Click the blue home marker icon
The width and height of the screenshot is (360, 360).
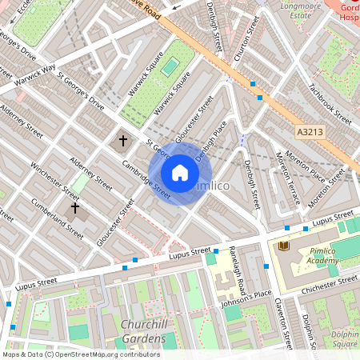pos(180,173)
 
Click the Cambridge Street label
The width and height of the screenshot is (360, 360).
pos(146,178)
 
